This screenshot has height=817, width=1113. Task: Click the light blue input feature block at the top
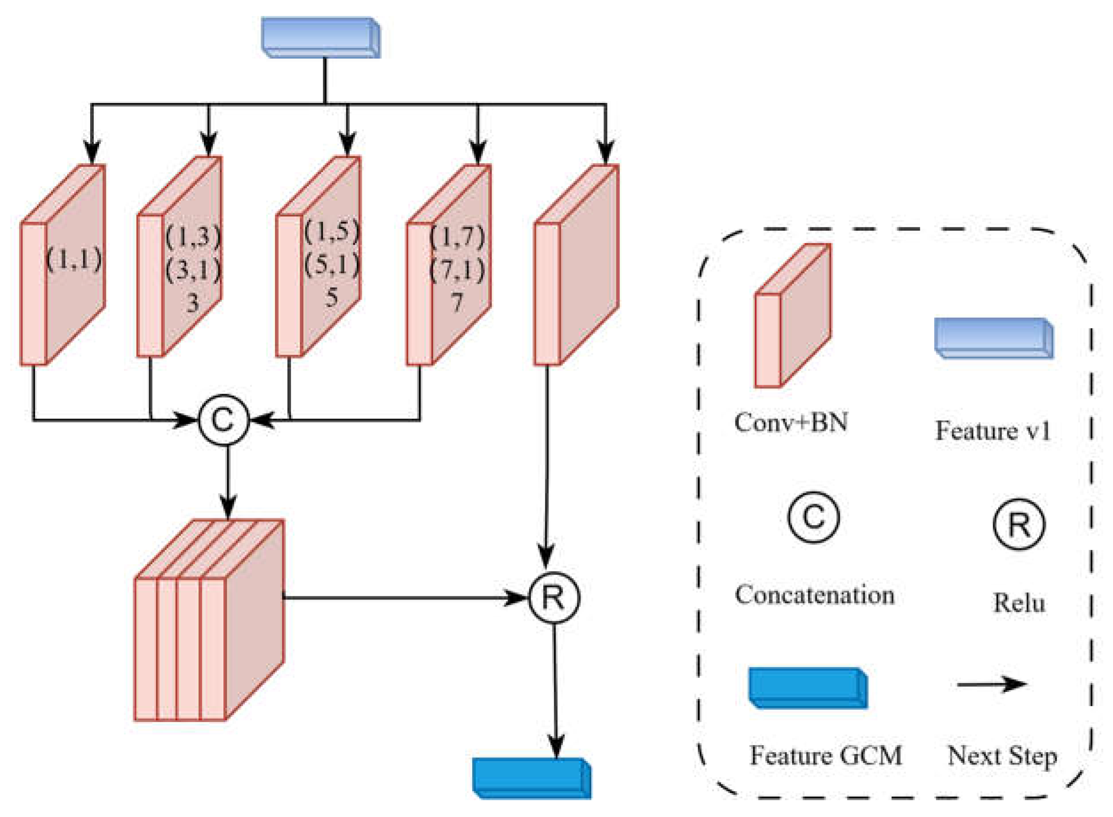321,37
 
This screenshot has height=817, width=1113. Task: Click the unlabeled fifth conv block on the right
576,264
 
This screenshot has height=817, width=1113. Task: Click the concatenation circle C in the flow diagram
224,420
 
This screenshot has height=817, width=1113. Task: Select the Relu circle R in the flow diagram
554,597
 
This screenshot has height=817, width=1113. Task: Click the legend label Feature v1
992,431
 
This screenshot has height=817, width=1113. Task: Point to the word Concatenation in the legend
815,595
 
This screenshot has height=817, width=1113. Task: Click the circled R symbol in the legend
1018,524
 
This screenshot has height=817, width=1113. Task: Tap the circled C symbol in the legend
814,517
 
